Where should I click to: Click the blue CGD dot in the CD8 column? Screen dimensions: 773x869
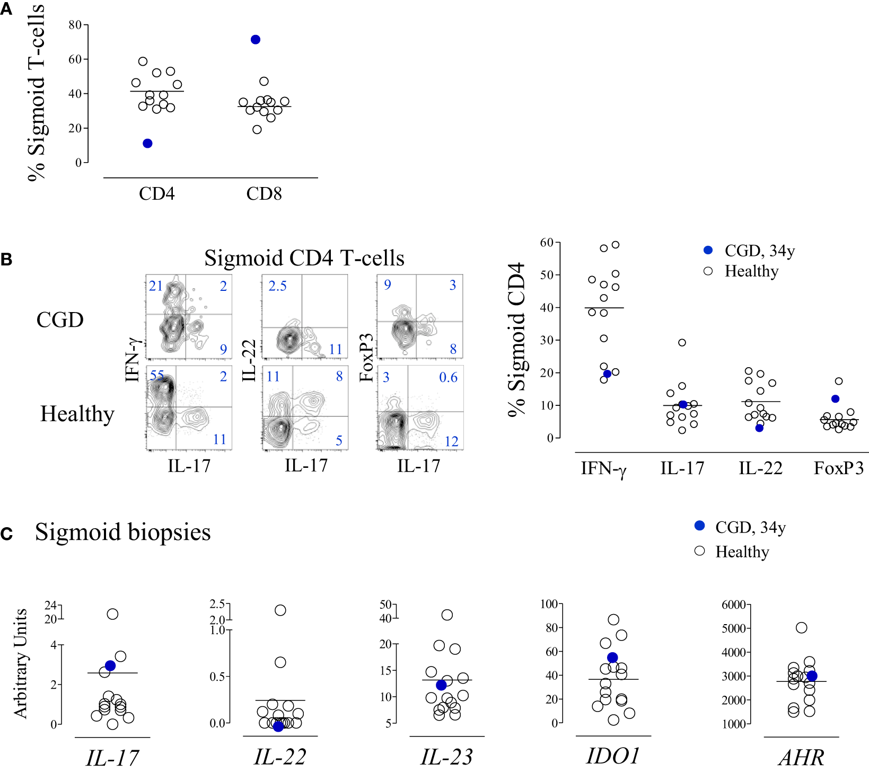(x=256, y=40)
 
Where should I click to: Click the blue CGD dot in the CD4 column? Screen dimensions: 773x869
(x=148, y=144)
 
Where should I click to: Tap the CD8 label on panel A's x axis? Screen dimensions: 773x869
(x=264, y=194)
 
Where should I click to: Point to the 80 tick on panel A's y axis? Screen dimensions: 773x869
(x=75, y=25)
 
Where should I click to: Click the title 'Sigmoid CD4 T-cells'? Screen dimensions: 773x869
(x=304, y=258)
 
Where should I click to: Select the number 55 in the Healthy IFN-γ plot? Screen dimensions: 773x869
(x=156, y=376)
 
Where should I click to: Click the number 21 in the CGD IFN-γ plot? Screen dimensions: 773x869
(x=156, y=286)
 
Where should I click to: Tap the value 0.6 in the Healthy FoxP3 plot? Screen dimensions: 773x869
(x=448, y=377)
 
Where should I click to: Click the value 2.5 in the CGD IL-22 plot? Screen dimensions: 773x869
(x=277, y=286)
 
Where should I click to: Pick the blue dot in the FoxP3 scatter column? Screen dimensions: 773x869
(x=836, y=399)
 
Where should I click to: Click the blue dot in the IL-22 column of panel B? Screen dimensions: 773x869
(x=759, y=428)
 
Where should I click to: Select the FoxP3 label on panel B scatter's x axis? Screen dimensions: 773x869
(x=838, y=468)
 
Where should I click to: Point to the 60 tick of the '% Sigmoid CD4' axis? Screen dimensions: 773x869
(x=547, y=243)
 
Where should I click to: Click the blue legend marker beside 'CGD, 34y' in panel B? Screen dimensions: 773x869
(x=708, y=250)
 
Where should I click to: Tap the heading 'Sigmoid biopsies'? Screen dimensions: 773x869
(x=123, y=532)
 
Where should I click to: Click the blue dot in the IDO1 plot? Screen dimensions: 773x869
(x=612, y=658)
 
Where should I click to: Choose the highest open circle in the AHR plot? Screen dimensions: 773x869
(x=802, y=628)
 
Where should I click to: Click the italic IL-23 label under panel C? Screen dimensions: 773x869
(x=446, y=757)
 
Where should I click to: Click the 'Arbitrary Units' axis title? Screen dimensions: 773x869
(x=20, y=663)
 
